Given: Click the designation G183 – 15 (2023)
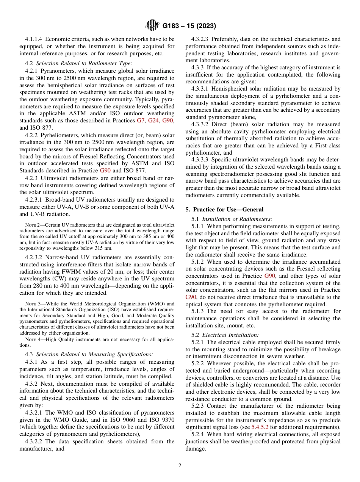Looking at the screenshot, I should (189, 26).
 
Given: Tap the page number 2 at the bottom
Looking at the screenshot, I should (180, 466).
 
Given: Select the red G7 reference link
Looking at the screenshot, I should (141, 121).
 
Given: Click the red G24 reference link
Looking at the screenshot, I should (153, 121).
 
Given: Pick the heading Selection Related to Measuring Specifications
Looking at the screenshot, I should (94, 354).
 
